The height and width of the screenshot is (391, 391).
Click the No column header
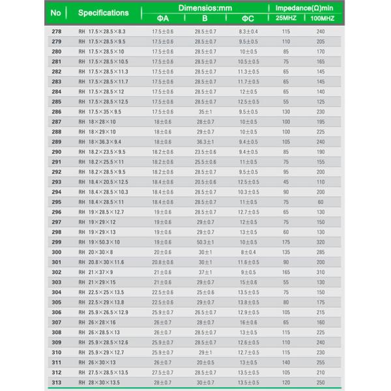pos(55,12)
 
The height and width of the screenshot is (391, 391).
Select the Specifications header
pos(103,12)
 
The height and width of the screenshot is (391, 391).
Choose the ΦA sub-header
pos(162,18)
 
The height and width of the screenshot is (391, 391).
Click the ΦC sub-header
pos(248,18)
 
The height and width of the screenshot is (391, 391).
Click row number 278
pos(56,31)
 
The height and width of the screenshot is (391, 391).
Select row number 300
pos(56,252)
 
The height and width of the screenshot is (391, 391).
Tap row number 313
pos(56,383)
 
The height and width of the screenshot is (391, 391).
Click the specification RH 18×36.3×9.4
pos(100,141)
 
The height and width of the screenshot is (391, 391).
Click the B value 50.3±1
pos(205,242)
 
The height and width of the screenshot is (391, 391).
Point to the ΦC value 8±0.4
pos(248,252)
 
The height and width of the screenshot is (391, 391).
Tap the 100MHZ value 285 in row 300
pos(321,252)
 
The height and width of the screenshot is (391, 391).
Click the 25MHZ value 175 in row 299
pos(285,242)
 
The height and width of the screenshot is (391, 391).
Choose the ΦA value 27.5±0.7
pos(162,372)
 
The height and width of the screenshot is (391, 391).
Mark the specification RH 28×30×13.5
pos(100,383)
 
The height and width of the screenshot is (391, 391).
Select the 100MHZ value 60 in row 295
pos(321,202)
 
